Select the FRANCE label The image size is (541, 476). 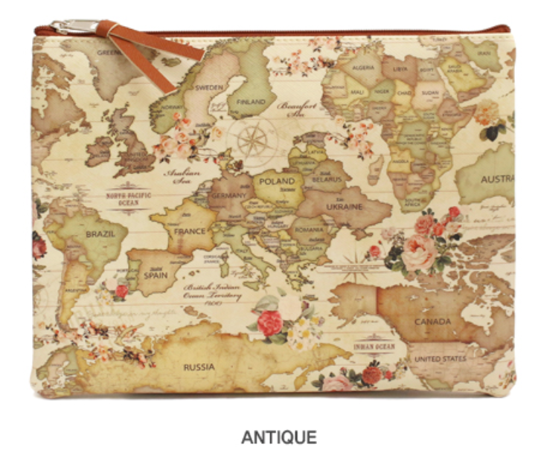(190, 231)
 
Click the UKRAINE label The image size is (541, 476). (345, 205)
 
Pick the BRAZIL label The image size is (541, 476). (100, 233)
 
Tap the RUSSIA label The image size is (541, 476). (199, 367)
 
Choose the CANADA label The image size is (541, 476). (433, 322)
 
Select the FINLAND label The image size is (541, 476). (251, 102)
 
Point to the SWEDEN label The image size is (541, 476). (208, 86)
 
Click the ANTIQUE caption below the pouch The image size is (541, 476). (278, 437)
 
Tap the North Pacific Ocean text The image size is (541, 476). (127, 198)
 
